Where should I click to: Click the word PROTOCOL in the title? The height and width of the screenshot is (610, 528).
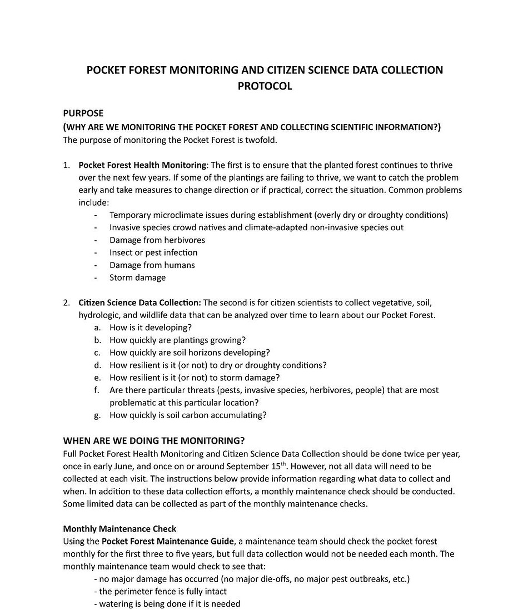pyautogui.click(x=265, y=86)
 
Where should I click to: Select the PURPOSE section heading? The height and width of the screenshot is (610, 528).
pyautogui.click(x=83, y=113)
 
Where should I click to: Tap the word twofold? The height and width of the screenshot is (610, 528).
pyautogui.click(x=261, y=140)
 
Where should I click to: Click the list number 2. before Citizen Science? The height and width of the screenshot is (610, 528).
pyautogui.click(x=67, y=302)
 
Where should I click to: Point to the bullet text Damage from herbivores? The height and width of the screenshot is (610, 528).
pyautogui.click(x=157, y=240)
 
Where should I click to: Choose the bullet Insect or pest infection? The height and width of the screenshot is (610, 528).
pyautogui.click(x=153, y=252)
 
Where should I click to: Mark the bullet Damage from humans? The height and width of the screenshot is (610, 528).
pyautogui.click(x=152, y=265)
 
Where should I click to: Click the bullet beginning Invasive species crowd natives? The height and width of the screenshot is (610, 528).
pyautogui.click(x=256, y=227)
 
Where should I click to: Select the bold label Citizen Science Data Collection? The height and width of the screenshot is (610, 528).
pyautogui.click(x=140, y=302)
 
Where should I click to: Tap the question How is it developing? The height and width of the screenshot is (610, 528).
pyautogui.click(x=150, y=328)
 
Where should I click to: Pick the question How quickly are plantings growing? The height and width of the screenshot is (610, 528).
pyautogui.click(x=177, y=340)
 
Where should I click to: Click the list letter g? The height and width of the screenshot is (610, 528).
pyautogui.click(x=97, y=415)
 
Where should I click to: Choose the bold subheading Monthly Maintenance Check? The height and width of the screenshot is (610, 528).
pyautogui.click(x=119, y=528)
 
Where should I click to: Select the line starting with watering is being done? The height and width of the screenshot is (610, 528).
pyautogui.click(x=167, y=604)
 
